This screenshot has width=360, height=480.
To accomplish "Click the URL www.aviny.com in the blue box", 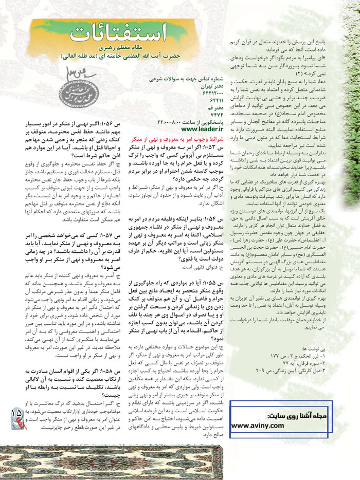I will click(257, 426).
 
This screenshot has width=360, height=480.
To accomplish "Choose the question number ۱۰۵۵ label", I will click(202, 283).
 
